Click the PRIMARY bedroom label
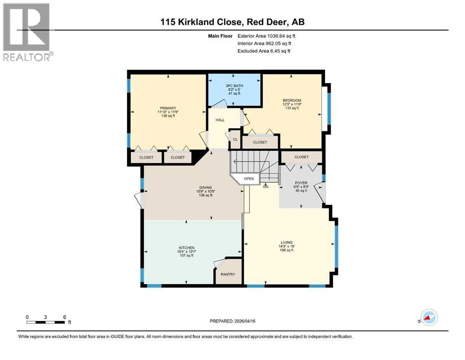pyautogui.click(x=166, y=106)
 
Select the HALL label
pyautogui.click(x=220, y=120)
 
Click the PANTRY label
pyautogui.click(x=229, y=274)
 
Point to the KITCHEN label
pyautogui.click(x=186, y=247)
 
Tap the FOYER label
pyautogui.click(x=301, y=183)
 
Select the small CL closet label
pyautogui.click(x=235, y=139)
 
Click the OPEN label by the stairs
pyautogui.click(x=249, y=179)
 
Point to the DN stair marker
pyautogui.click(x=266, y=187)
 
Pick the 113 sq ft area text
pyautogui.click(x=292, y=108)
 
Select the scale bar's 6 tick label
pyautogui.click(x=64, y=316)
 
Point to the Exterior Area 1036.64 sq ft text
pyautogui.click(x=266, y=36)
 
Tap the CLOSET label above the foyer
pyautogui.click(x=301, y=157)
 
